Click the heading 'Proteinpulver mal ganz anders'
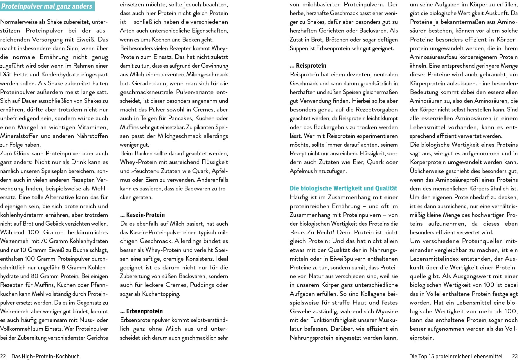(47, 6)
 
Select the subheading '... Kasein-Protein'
(142, 215)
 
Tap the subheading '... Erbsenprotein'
(141, 311)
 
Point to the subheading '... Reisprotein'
(308, 66)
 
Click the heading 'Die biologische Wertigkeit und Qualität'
(343, 188)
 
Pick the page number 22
(3, 356)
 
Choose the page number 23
(515, 356)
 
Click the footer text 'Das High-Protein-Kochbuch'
(45, 356)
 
